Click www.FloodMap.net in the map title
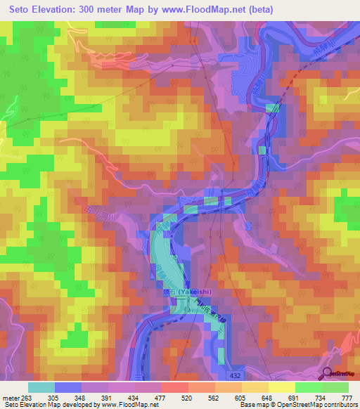pyautogui.click(x=210, y=10)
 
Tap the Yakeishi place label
pyautogui.click(x=192, y=292)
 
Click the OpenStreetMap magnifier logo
pyautogui.click(x=328, y=374)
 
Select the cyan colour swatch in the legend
pyautogui.click(x=41, y=387)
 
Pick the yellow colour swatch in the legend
pyautogui.click(x=281, y=387)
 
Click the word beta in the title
pyautogui.click(x=259, y=10)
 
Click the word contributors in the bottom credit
pyautogui.click(x=337, y=405)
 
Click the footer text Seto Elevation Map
pyautogui.click(x=28, y=405)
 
